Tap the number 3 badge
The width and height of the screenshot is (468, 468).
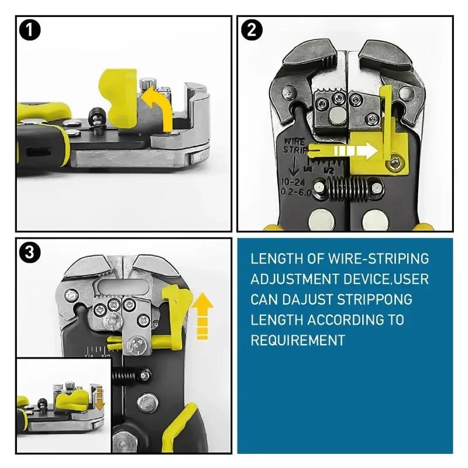point(29,253)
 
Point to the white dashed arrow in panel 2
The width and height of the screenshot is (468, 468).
point(352,151)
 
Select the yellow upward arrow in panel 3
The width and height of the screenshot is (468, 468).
point(202,316)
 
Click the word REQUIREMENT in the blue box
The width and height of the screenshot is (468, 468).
point(298,340)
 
